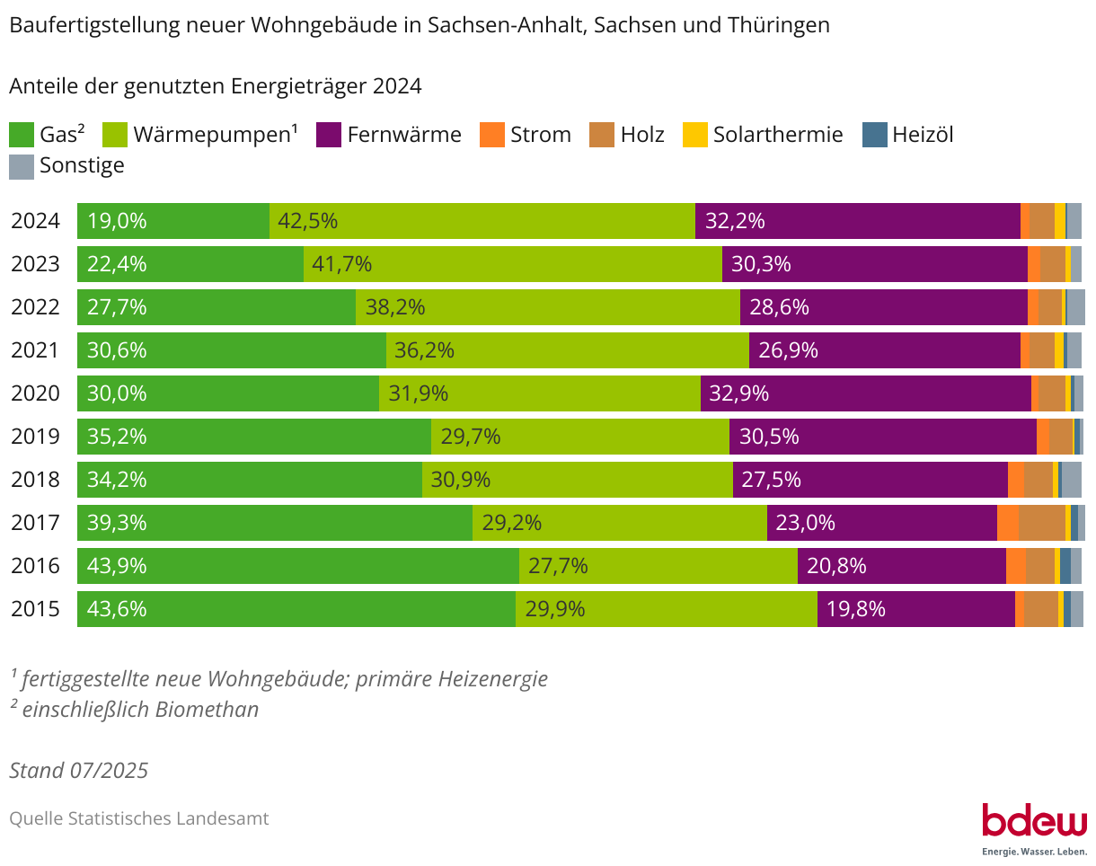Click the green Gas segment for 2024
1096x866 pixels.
pos(173,221)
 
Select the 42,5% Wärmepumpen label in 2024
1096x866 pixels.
pos(307,221)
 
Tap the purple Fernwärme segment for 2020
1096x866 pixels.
pos(865,393)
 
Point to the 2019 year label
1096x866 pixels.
pos(35,437)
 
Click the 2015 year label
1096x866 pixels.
pos(35,609)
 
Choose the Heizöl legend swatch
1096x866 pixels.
pos(874,135)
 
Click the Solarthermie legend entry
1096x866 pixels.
pos(777,135)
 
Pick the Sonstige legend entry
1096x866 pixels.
pos(81,165)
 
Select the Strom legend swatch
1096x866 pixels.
pos(493,135)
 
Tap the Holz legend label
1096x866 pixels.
pos(642,135)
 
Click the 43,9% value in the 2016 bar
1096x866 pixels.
pos(117,566)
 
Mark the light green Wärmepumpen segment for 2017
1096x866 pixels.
pos(620,523)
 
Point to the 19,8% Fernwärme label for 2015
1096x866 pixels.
pos(856,609)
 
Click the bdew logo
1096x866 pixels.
pos(1034,822)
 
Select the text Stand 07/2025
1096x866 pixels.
pos(79,771)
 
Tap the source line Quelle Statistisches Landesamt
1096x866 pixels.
pos(139,818)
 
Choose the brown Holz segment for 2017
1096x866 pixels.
pos(1041,523)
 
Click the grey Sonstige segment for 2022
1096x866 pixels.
pos(1075,307)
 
